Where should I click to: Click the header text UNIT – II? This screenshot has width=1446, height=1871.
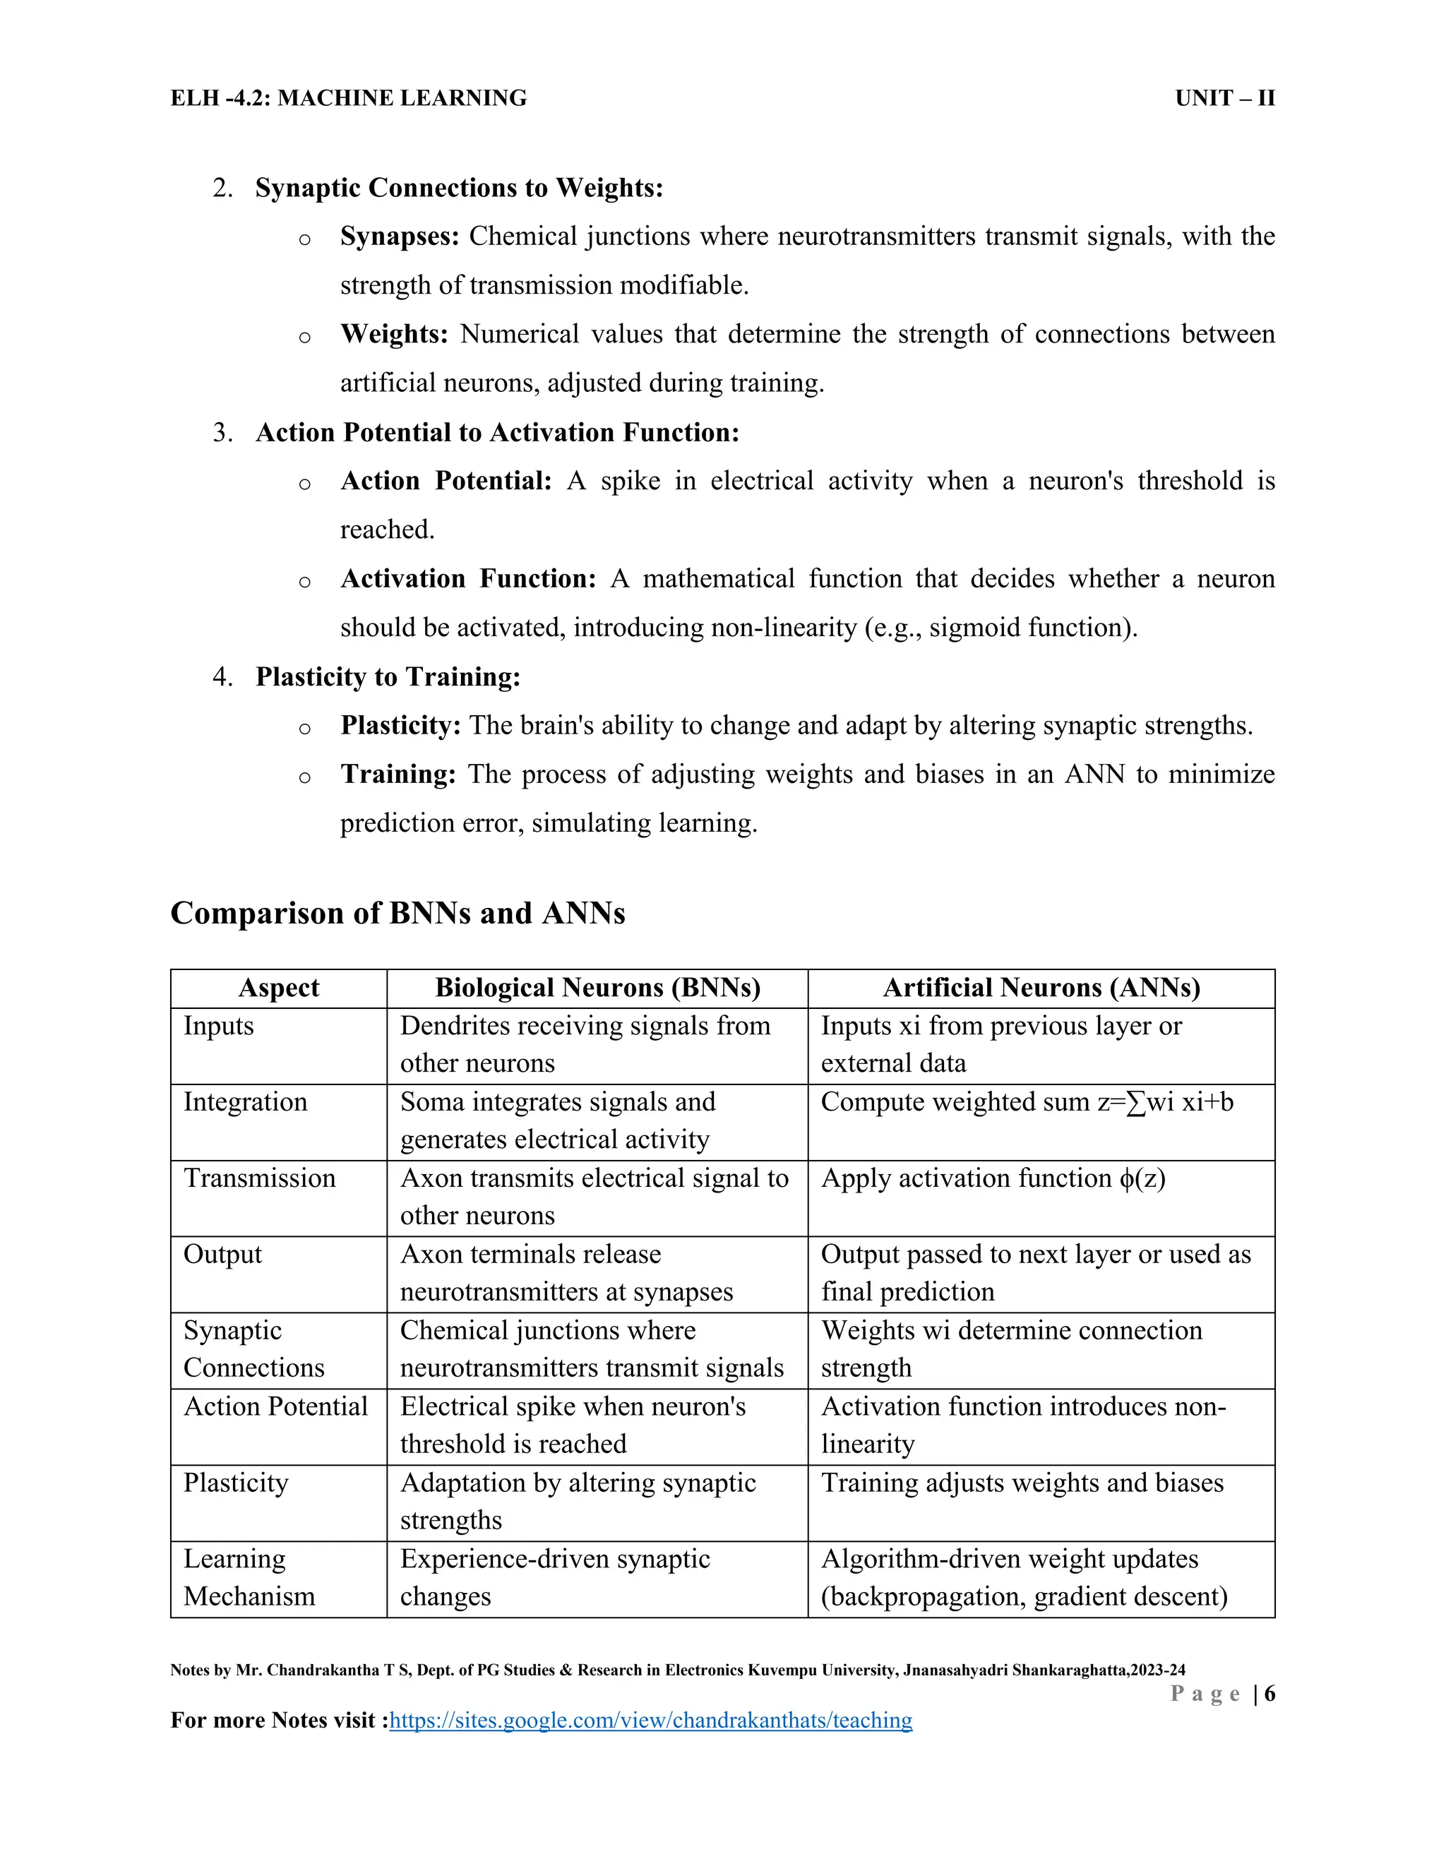point(1224,99)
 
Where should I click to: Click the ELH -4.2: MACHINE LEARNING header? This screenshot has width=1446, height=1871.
point(349,99)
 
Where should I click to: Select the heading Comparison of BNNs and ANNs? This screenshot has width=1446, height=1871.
point(398,913)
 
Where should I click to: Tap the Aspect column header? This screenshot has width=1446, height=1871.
point(278,988)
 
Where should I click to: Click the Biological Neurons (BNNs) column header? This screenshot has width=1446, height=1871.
point(597,988)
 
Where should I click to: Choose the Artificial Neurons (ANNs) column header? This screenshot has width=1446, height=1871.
point(1041,988)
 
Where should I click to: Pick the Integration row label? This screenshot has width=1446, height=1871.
point(245,1101)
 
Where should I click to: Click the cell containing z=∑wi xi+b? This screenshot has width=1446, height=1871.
point(1027,1101)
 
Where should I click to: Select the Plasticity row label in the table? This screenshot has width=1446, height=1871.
point(236,1483)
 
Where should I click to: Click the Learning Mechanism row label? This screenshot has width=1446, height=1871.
point(249,1577)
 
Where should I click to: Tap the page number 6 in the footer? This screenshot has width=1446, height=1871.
point(1269,1693)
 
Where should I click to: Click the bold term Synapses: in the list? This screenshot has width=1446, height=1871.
point(399,237)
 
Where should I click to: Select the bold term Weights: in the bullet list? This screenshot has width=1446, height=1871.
point(394,334)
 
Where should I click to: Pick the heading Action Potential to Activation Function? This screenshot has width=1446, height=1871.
point(497,433)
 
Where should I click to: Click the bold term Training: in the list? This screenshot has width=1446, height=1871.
point(398,775)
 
